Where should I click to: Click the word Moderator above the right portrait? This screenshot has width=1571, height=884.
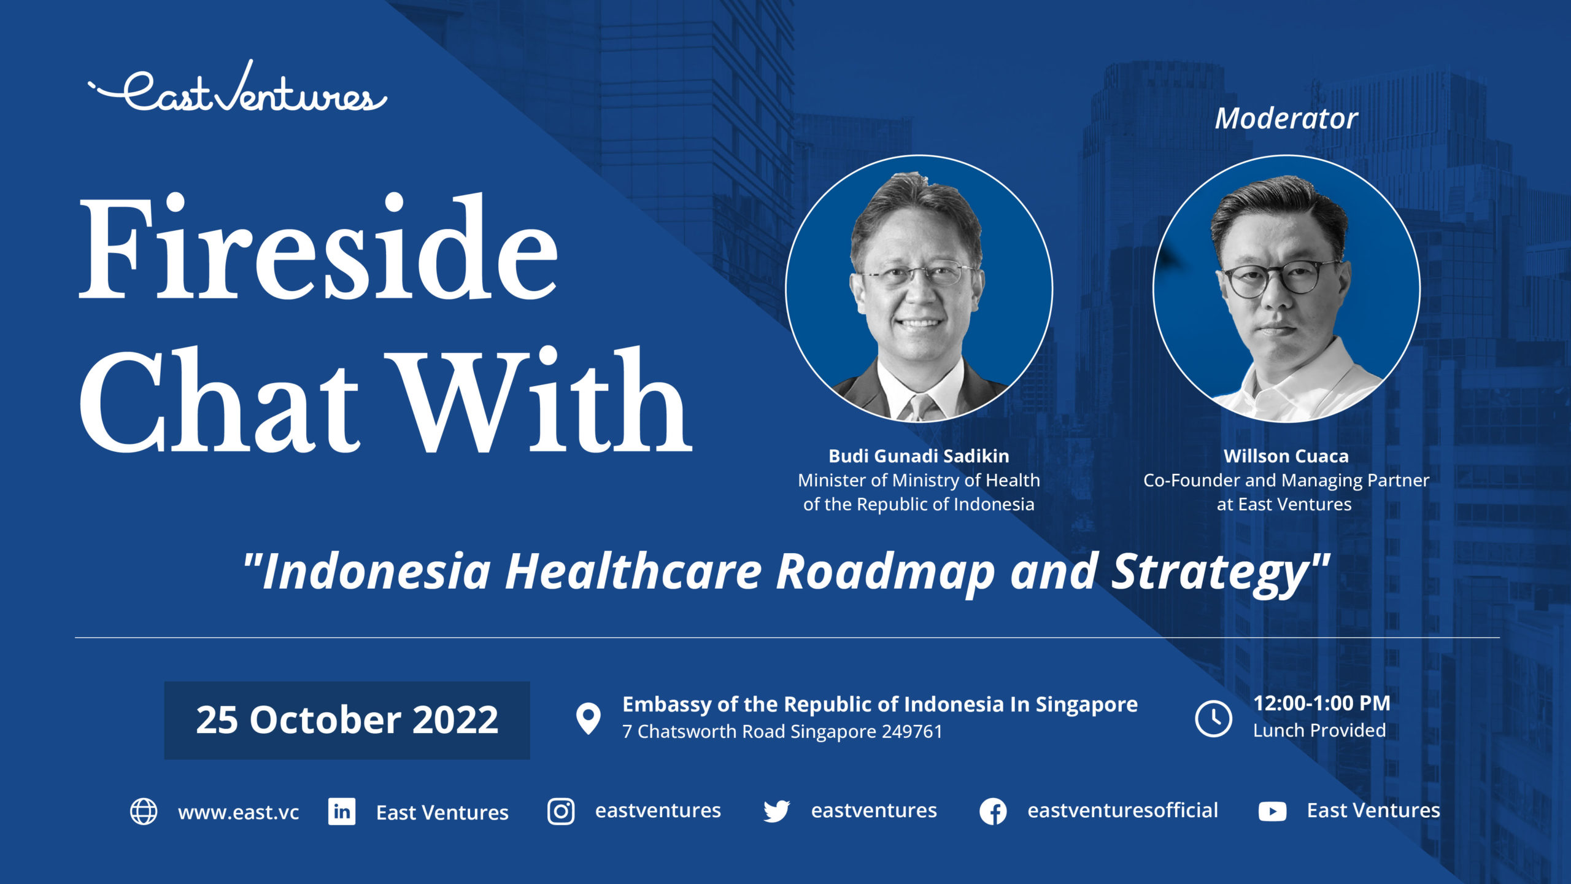1286,118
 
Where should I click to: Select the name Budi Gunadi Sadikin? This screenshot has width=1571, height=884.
919,456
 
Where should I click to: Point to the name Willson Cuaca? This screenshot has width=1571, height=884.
1286,456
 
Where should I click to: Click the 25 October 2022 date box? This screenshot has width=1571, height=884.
347,720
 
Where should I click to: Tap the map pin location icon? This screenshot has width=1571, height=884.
588,718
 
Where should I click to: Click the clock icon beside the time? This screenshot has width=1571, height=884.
1213,718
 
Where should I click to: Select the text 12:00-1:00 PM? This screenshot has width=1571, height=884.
1321,704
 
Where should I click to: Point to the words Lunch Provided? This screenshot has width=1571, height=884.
1319,731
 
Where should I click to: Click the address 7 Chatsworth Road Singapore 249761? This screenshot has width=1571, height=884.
782,732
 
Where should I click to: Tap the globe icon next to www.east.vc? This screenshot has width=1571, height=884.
144,812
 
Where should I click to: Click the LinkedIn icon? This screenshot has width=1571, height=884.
342,812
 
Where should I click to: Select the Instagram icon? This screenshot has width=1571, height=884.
561,812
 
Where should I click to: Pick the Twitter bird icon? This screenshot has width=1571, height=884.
776,812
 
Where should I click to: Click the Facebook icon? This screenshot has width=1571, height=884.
993,812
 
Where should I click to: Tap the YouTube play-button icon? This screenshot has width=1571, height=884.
1272,812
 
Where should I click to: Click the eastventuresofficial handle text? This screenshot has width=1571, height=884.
1122,810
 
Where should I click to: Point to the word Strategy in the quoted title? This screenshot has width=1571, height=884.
1212,573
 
